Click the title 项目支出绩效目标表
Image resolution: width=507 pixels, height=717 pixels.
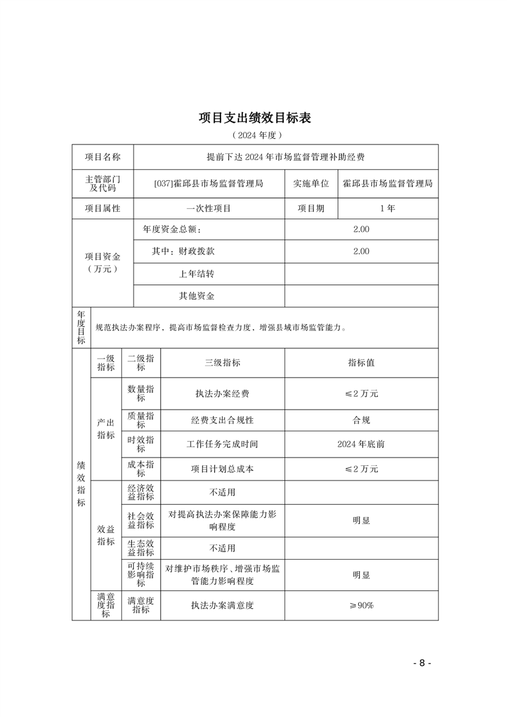254,118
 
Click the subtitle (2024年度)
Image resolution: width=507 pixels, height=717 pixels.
254,135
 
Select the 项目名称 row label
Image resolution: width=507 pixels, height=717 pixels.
102,157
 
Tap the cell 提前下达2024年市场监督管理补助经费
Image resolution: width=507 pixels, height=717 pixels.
286,157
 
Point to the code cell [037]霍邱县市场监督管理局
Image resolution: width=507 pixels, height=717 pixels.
209,183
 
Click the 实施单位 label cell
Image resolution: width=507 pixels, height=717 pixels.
311,183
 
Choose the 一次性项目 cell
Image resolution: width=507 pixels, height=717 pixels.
209,208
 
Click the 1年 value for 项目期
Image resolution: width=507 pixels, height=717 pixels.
387,208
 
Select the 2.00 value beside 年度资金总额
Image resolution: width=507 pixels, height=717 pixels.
361,229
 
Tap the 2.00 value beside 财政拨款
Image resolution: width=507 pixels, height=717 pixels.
361,251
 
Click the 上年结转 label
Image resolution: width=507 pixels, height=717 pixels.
196,274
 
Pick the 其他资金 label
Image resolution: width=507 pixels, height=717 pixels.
196,296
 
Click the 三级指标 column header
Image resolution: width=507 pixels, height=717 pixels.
222,362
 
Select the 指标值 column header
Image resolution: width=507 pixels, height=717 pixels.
361,362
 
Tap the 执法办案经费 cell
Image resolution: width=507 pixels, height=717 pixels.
222,394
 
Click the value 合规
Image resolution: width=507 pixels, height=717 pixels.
361,420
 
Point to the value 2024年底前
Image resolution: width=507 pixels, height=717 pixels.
361,444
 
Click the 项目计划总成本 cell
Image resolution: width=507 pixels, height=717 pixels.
222,468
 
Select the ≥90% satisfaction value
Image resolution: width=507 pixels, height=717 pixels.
361,605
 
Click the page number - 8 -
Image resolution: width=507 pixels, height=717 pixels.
422,663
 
